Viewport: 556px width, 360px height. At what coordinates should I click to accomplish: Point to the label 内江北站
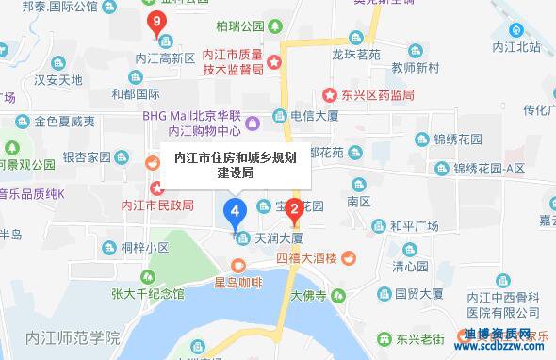(x=509, y=47)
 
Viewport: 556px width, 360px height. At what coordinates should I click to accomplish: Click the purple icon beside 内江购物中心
(x=252, y=124)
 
